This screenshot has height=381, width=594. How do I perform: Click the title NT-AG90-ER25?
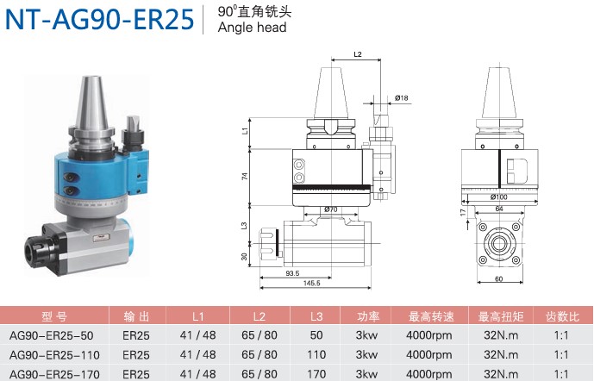pyautogui.click(x=99, y=19)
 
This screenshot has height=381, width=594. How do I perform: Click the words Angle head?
pyautogui.click(x=252, y=28)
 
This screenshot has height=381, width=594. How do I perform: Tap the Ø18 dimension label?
pyautogui.click(x=402, y=97)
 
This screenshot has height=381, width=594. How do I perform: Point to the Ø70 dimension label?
pyautogui.click(x=331, y=209)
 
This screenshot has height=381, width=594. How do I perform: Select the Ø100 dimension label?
pyautogui.click(x=498, y=197)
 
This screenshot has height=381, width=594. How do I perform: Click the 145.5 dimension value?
pyautogui.click(x=312, y=283)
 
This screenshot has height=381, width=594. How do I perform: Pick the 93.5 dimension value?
pyautogui.click(x=292, y=273)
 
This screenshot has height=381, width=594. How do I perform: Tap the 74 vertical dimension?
pyautogui.click(x=245, y=176)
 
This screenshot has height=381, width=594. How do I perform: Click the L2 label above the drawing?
pyautogui.click(x=358, y=54)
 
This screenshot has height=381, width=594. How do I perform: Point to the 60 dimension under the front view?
pyautogui.click(x=498, y=279)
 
